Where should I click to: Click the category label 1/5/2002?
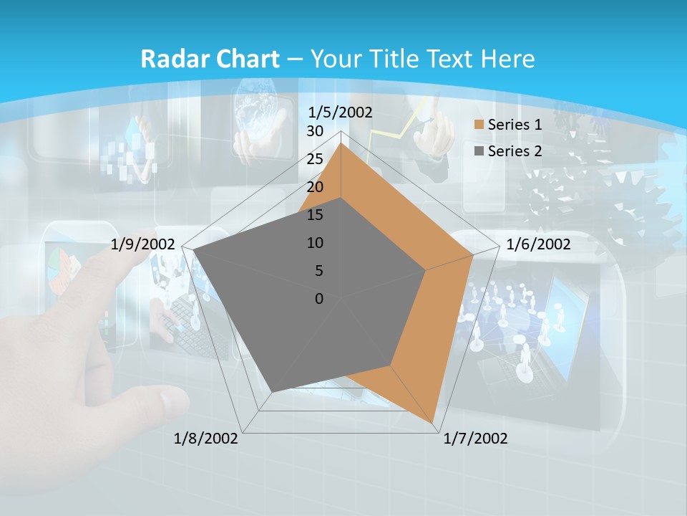pyautogui.click(x=341, y=112)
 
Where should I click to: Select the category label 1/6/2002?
pyautogui.click(x=538, y=244)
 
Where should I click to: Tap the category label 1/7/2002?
pyautogui.click(x=475, y=439)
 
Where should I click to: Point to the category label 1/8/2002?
pyautogui.click(x=206, y=439)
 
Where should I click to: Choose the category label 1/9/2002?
pyautogui.click(x=143, y=244)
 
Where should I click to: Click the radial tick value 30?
pyautogui.click(x=315, y=131)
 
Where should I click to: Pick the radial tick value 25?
pyautogui.click(x=315, y=159)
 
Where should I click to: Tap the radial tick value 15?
pyautogui.click(x=315, y=215)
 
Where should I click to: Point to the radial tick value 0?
pyautogui.click(x=319, y=299)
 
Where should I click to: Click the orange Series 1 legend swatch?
pyautogui.click(x=479, y=125)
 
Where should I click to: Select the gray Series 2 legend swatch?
pyautogui.click(x=479, y=151)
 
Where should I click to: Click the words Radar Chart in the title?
pyautogui.click(x=210, y=59)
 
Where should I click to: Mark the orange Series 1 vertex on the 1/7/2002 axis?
pyautogui.click(x=434, y=423)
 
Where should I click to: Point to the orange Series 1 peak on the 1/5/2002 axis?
pyautogui.click(x=341, y=144)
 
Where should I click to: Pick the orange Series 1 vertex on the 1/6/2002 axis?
pyautogui.click(x=472, y=254)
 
